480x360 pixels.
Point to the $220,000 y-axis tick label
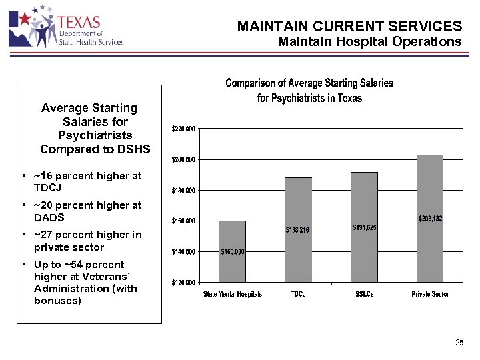pyautogui.click(x=183, y=128)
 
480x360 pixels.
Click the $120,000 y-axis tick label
pyautogui.click(x=183, y=283)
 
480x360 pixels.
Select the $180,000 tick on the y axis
pyautogui.click(x=183, y=191)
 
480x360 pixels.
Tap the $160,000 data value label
pyautogui.click(x=233, y=252)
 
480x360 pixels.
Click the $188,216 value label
pyautogui.click(x=298, y=230)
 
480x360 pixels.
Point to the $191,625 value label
pyautogui.click(x=364, y=227)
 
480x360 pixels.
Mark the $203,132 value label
pyautogui.click(x=430, y=219)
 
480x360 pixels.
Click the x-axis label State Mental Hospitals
pyautogui.click(x=233, y=294)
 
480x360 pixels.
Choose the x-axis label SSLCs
pyautogui.click(x=364, y=294)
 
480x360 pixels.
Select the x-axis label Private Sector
pyautogui.click(x=430, y=294)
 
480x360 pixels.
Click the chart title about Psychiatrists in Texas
pyautogui.click(x=309, y=91)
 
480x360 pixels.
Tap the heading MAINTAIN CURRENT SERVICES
pyautogui.click(x=349, y=27)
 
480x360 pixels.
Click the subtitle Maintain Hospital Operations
pyautogui.click(x=369, y=42)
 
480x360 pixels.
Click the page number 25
pyautogui.click(x=459, y=343)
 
